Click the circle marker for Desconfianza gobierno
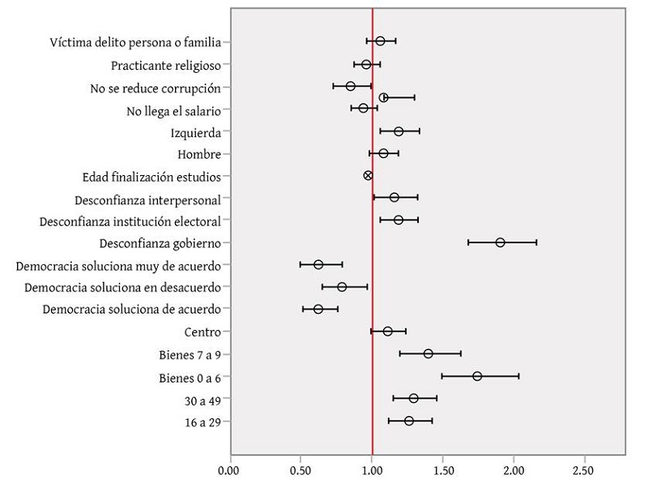click(500, 242)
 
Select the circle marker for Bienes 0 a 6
click(477, 376)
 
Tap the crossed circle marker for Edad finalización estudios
click(368, 175)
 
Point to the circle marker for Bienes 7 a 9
click(428, 353)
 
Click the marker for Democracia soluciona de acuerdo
click(318, 309)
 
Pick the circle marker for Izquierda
click(399, 131)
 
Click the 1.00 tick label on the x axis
click(372, 469)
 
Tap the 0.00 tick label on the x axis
click(230, 469)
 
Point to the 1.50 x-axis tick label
click(442, 469)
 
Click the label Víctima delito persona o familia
click(135, 42)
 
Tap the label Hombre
click(199, 154)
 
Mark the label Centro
click(202, 332)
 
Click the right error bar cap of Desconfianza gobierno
click(536, 242)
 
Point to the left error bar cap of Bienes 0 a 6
click(442, 376)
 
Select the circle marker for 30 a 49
click(413, 398)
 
